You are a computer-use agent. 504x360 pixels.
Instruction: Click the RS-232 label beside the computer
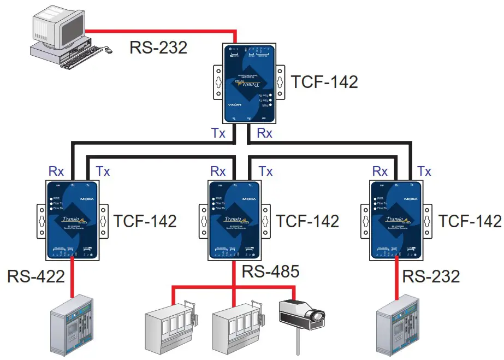pyautogui.click(x=158, y=48)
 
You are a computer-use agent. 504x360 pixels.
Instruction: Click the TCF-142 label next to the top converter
pyautogui.click(x=324, y=82)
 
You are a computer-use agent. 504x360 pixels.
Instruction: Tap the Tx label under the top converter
pyautogui.click(x=218, y=133)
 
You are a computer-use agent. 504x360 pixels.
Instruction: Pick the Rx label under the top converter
pyautogui.click(x=264, y=133)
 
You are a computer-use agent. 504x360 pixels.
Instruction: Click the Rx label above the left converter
pyautogui.click(x=56, y=171)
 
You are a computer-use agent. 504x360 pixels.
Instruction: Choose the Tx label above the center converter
pyautogui.click(x=265, y=171)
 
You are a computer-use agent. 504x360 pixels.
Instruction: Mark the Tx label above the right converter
pyautogui.click(x=424, y=171)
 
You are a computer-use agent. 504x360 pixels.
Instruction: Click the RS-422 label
pyautogui.click(x=36, y=276)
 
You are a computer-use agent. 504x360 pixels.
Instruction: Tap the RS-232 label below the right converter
pyautogui.click(x=431, y=276)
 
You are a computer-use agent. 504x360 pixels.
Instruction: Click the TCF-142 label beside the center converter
pyautogui.click(x=307, y=221)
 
